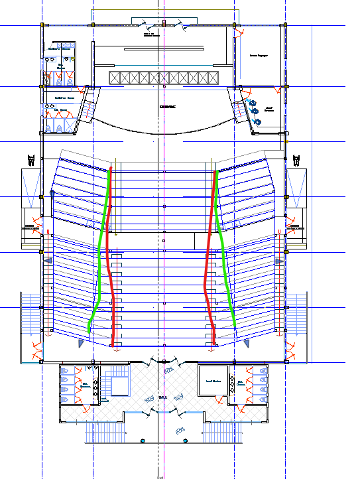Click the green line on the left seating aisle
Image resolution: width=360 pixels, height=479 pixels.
(100, 265)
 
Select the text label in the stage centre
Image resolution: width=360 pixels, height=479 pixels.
(168, 106)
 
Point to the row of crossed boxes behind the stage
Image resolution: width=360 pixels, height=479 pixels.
(163, 78)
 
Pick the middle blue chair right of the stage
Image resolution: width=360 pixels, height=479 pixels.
(254, 112)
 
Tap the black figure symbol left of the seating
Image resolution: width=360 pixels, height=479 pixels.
(30, 159)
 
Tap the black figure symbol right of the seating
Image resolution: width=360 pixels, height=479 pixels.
(296, 159)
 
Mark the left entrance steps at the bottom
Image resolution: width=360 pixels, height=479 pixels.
(105, 434)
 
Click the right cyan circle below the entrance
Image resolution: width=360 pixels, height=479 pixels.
(186, 441)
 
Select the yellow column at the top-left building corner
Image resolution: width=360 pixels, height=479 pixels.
(43, 25)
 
